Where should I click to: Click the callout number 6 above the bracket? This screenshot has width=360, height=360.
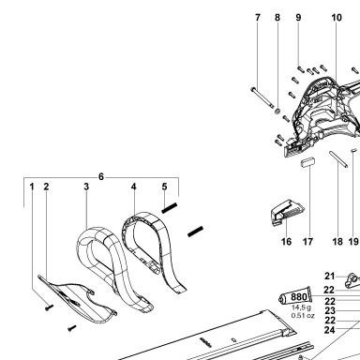tap(101, 177)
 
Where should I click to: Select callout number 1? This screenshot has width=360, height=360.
tap(32, 187)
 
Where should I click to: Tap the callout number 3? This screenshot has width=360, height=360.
tap(86, 187)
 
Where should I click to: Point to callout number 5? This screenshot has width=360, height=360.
tap(164, 187)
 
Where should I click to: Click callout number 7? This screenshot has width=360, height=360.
tap(258, 18)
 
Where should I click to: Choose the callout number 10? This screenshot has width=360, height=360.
tap(337, 18)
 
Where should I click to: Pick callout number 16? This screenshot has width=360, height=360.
tap(286, 242)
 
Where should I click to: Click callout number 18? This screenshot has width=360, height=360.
tap(337, 242)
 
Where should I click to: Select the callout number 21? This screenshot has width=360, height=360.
tap(330, 276)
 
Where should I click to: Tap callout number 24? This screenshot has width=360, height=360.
tap(330, 330)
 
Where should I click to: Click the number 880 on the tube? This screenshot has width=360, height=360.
tap(299, 297)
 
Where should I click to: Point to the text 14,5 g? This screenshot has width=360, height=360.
tap(301, 307)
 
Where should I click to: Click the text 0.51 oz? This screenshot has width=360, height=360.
tap(303, 316)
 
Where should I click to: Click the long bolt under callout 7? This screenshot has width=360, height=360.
tap(262, 98)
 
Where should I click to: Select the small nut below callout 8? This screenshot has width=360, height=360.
tap(277, 111)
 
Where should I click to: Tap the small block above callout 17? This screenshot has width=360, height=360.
tap(307, 162)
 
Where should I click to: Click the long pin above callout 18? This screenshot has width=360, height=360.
tap(337, 159)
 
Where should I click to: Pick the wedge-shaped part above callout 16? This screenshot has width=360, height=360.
tap(287, 212)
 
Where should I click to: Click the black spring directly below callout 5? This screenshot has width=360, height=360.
tap(170, 208)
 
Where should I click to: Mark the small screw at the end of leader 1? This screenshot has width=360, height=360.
tap(49, 307)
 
